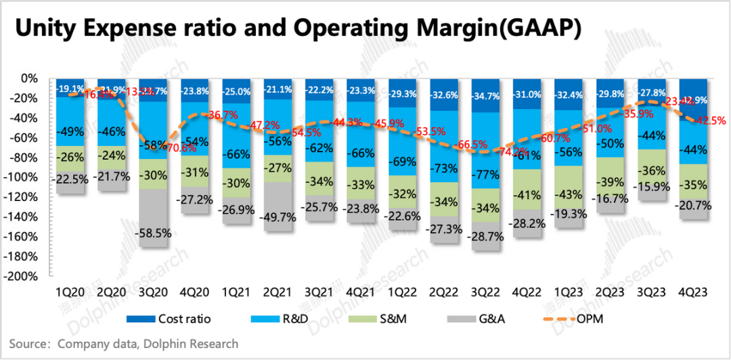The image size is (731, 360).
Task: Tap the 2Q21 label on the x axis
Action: point(278,292)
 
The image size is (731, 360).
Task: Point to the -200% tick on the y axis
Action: point(26,277)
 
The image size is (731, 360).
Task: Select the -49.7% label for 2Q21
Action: point(278,216)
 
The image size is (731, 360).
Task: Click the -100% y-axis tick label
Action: point(26,177)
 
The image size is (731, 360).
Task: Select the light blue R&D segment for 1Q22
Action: point(404,142)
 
